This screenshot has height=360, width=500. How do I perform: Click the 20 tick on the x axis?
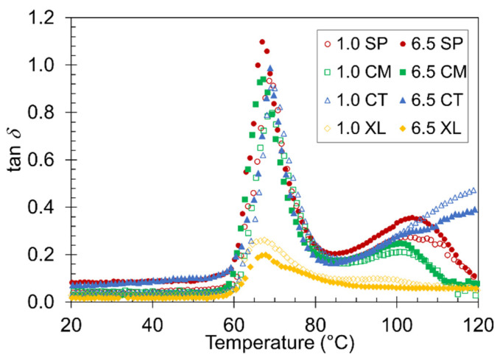click(x=71, y=322)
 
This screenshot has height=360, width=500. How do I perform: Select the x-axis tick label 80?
click(x=315, y=322)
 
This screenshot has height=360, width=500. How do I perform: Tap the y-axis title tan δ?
click(x=16, y=160)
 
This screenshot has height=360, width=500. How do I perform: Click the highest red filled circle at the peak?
click(x=262, y=42)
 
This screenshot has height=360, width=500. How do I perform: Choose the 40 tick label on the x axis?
click(x=152, y=322)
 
